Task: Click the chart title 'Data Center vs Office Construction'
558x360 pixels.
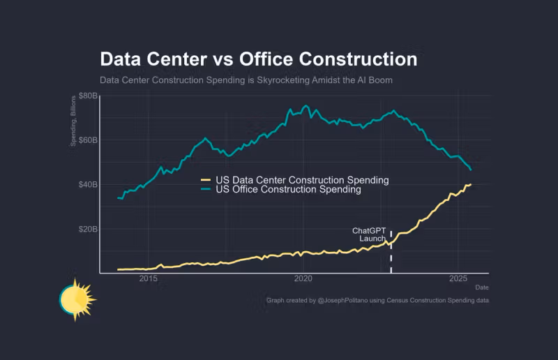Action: pos(258,59)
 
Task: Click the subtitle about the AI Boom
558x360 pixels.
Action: pos(246,80)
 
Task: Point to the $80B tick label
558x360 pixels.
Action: pos(87,96)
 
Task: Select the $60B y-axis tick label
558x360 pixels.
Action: pos(87,140)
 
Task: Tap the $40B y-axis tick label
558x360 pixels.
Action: pos(87,185)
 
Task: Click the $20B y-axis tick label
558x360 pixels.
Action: pos(87,230)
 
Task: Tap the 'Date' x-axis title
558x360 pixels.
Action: pos(482,287)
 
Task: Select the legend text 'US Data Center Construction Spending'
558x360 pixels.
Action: pos(302,180)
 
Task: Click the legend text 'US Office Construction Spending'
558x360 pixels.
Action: pos(288,189)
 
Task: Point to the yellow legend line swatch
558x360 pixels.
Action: pos(206,180)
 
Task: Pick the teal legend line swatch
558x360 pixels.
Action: pos(206,189)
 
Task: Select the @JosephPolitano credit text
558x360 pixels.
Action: pos(377,300)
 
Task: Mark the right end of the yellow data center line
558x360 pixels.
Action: pos(471,185)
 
